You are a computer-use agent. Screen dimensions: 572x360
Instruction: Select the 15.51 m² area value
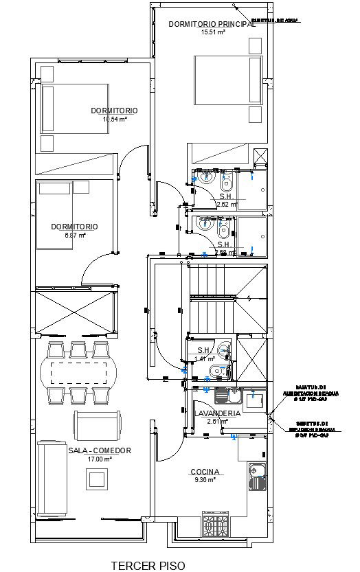point(213,32)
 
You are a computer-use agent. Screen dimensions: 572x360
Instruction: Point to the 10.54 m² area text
point(115,119)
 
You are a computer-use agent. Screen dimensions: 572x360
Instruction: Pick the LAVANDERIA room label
point(218,413)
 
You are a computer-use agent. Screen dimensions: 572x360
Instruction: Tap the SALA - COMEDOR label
point(100,451)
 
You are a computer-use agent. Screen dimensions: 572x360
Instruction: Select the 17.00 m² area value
point(100,459)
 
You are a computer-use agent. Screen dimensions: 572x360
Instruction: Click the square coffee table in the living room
point(92,479)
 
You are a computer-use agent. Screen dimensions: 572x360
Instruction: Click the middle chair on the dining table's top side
point(76,350)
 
